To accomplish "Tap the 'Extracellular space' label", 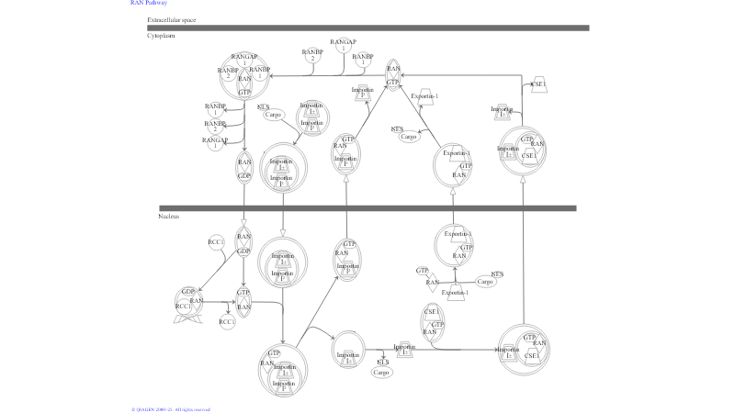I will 171,19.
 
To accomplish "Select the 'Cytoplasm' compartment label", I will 161,36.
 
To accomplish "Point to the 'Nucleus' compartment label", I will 168,217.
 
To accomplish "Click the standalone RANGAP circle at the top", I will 343,45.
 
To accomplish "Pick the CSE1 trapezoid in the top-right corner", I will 539,84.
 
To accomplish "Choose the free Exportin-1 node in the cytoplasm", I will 424,95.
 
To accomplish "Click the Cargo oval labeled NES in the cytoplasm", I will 409,136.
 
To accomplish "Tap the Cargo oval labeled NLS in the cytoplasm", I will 273,115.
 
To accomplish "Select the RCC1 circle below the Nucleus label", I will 217,242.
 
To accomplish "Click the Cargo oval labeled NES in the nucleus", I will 486,282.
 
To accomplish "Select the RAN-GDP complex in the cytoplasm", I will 244,168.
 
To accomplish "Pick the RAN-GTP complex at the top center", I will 393,76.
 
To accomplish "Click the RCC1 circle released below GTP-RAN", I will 227,322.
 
